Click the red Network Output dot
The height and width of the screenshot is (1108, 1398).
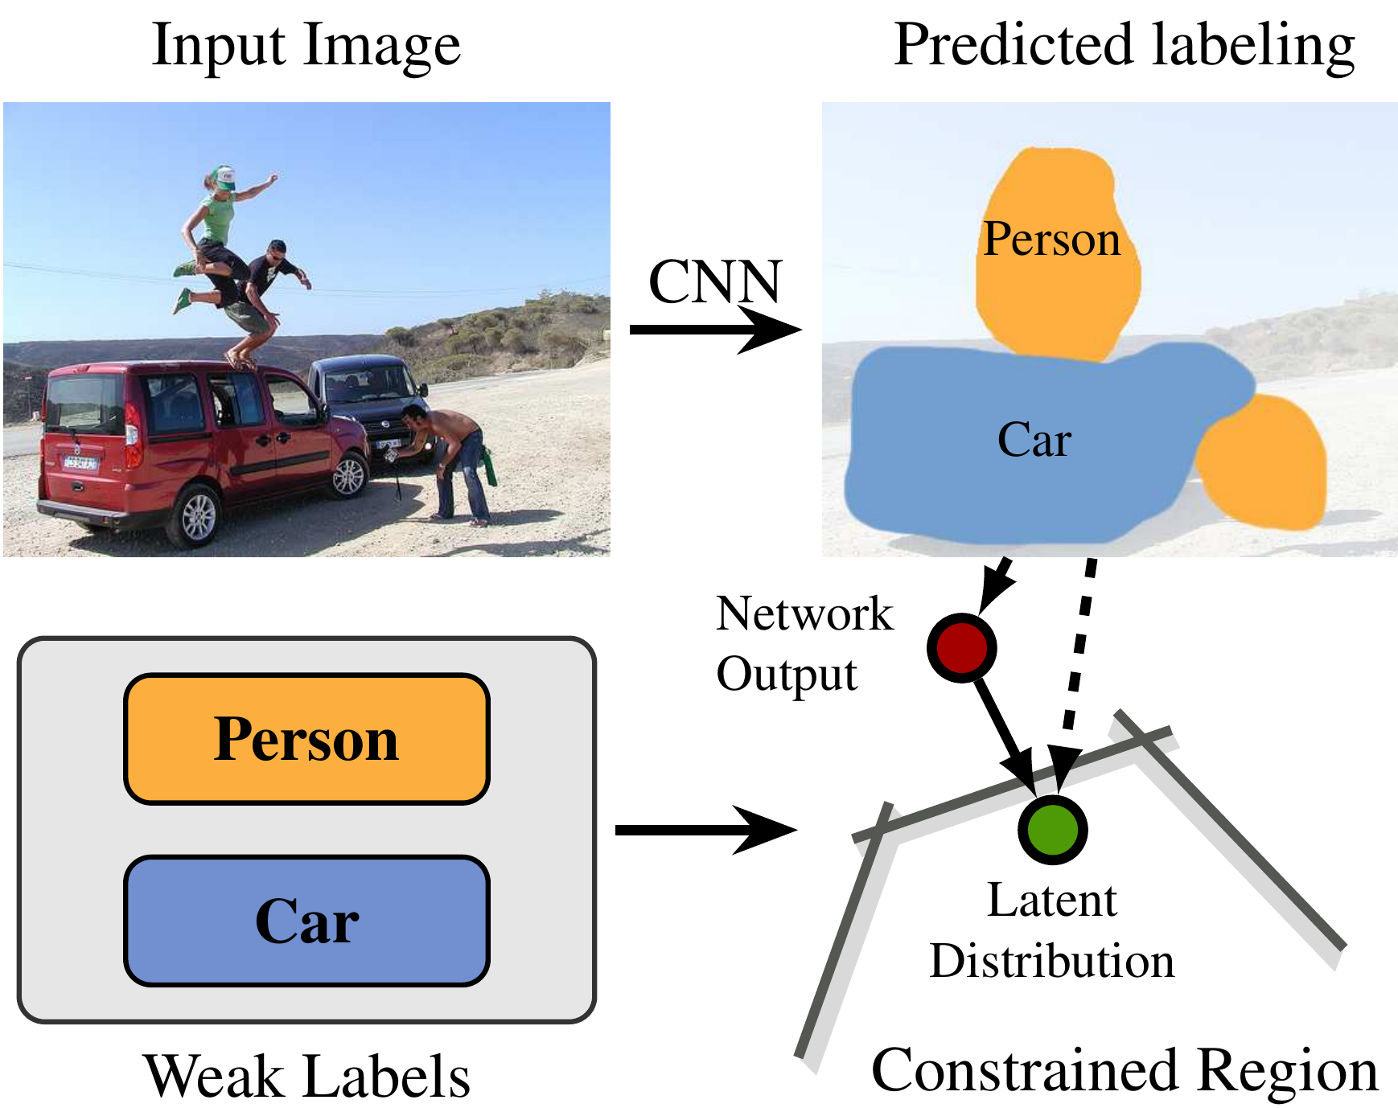click(x=961, y=648)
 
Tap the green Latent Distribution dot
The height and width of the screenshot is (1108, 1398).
click(x=1052, y=830)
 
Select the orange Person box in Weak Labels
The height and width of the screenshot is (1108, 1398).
click(x=306, y=739)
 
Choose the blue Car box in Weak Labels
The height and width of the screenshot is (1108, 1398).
click(x=306, y=921)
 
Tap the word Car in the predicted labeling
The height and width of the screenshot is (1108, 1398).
click(x=1034, y=440)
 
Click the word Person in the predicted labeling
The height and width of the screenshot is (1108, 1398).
click(x=1051, y=240)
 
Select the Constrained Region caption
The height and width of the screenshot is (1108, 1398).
click(x=1124, y=1071)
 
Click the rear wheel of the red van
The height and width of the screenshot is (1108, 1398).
click(x=198, y=515)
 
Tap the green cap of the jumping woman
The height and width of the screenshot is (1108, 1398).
click(x=223, y=177)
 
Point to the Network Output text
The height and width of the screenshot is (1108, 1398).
click(x=804, y=643)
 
